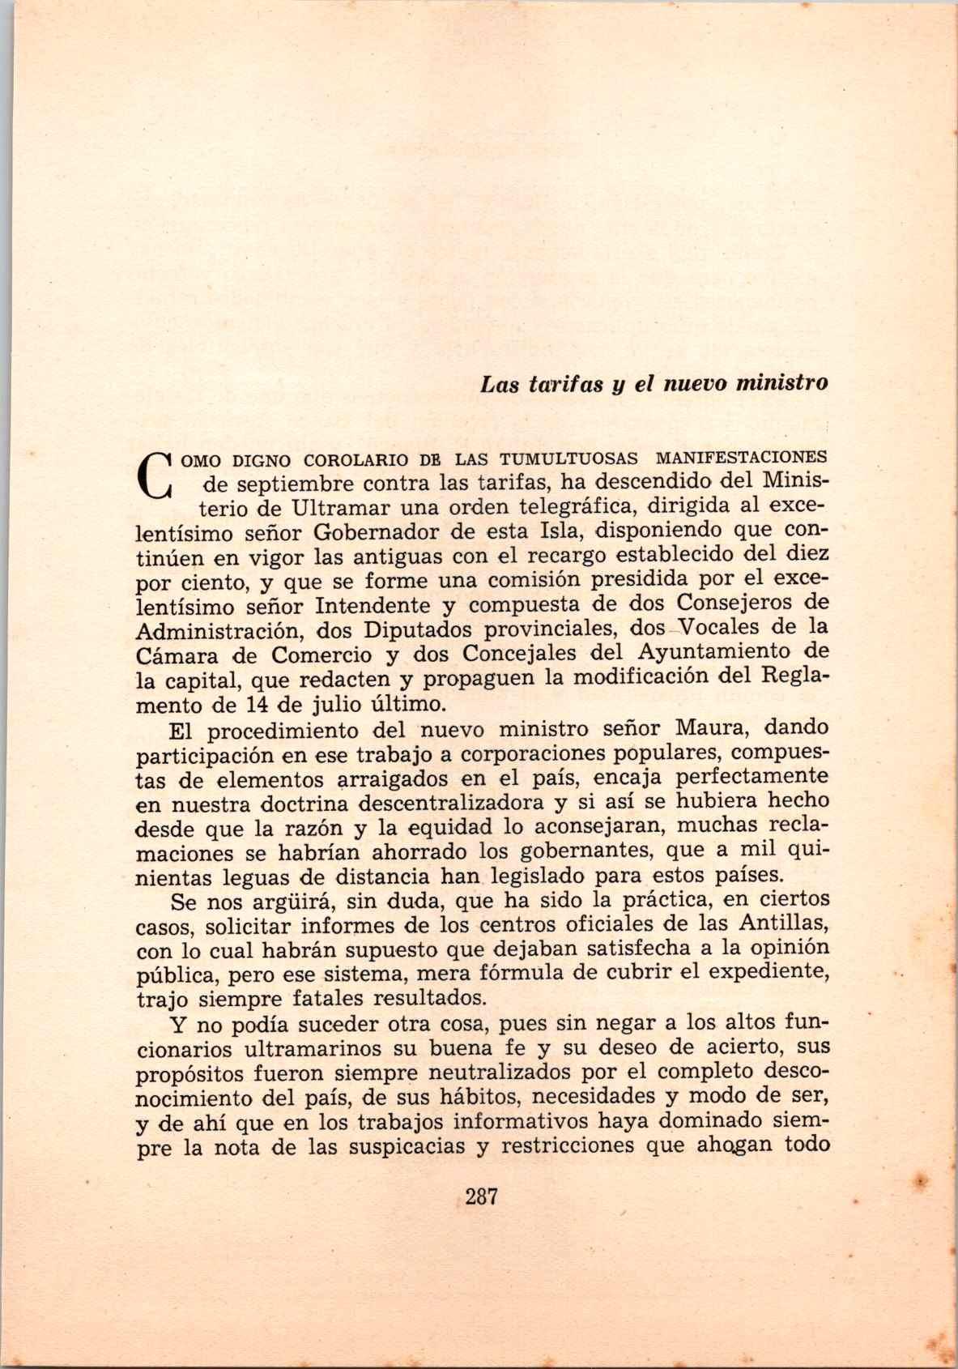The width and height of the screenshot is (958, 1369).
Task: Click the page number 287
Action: [480, 1196]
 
